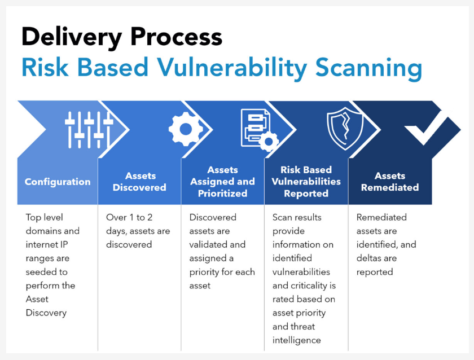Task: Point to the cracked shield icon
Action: pyautogui.click(x=345, y=129)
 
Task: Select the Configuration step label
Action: pyautogui.click(x=58, y=182)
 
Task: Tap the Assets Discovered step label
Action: pyautogui.click(x=139, y=182)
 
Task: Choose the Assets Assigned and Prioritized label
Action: pyautogui.click(x=222, y=182)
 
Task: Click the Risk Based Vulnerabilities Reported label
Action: pyautogui.click(x=306, y=182)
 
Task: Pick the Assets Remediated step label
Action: pyautogui.click(x=390, y=182)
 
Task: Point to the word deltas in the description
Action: pyautogui.click(x=370, y=258)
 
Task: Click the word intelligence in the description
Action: pyautogui.click(x=297, y=340)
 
